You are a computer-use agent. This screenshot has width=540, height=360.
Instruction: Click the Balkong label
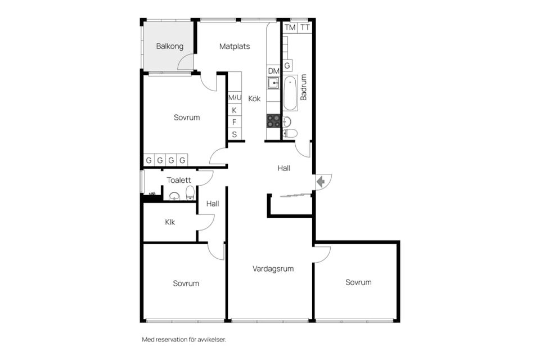tap(170, 46)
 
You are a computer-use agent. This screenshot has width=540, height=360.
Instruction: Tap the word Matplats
tap(235, 46)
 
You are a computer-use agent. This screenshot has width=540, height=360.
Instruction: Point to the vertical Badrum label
tap(304, 87)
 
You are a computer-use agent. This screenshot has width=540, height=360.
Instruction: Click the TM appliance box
tap(290, 27)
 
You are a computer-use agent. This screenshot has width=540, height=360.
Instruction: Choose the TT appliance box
tap(305, 27)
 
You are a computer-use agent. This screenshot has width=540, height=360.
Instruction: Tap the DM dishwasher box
tap(273, 71)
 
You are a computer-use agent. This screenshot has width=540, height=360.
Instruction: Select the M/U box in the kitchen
tap(235, 97)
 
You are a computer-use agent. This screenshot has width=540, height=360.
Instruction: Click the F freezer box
tap(235, 122)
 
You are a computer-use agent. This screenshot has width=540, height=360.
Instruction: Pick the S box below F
tap(235, 134)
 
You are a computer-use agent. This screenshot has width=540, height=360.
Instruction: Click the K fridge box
tap(235, 110)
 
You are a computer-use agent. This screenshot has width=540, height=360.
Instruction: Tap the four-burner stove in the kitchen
tap(273, 120)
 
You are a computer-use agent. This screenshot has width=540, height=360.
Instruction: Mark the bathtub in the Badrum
tap(290, 93)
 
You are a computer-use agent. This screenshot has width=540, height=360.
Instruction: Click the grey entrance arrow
tap(321, 181)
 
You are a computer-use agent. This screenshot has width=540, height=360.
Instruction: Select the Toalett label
tap(179, 180)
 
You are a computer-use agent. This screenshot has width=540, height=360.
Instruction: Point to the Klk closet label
tap(170, 222)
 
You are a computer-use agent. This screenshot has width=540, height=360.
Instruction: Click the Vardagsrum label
tap(273, 269)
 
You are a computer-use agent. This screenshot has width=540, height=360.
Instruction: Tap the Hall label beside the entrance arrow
tap(284, 168)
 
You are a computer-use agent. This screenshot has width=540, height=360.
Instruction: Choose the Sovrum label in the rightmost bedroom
tap(358, 282)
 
